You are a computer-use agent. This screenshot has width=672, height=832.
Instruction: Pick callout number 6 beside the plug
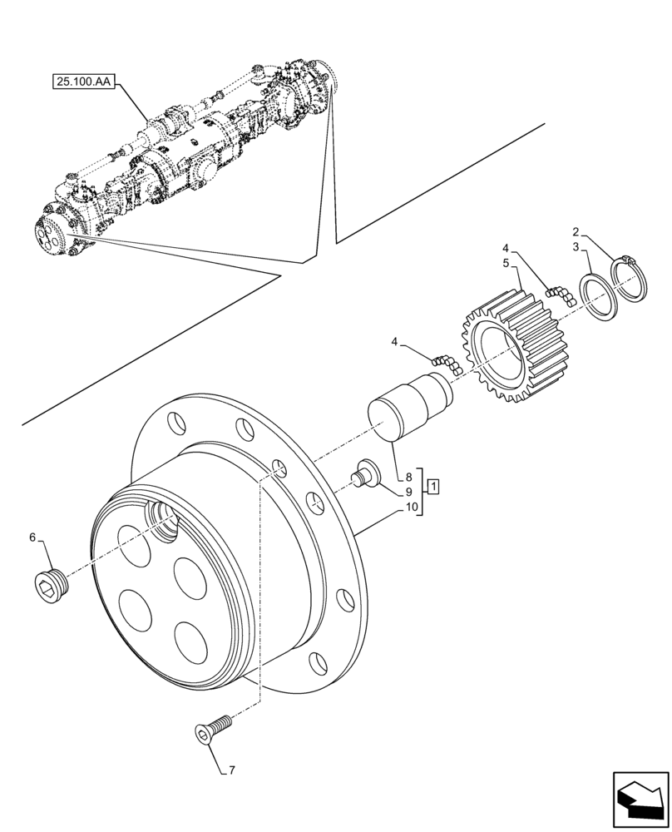(32, 537)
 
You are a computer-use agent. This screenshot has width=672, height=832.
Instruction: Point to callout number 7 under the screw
(232, 770)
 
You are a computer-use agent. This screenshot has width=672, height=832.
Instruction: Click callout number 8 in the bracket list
(409, 478)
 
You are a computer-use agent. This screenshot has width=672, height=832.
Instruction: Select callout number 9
(409, 492)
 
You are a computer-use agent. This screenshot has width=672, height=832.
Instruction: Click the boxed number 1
(435, 484)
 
